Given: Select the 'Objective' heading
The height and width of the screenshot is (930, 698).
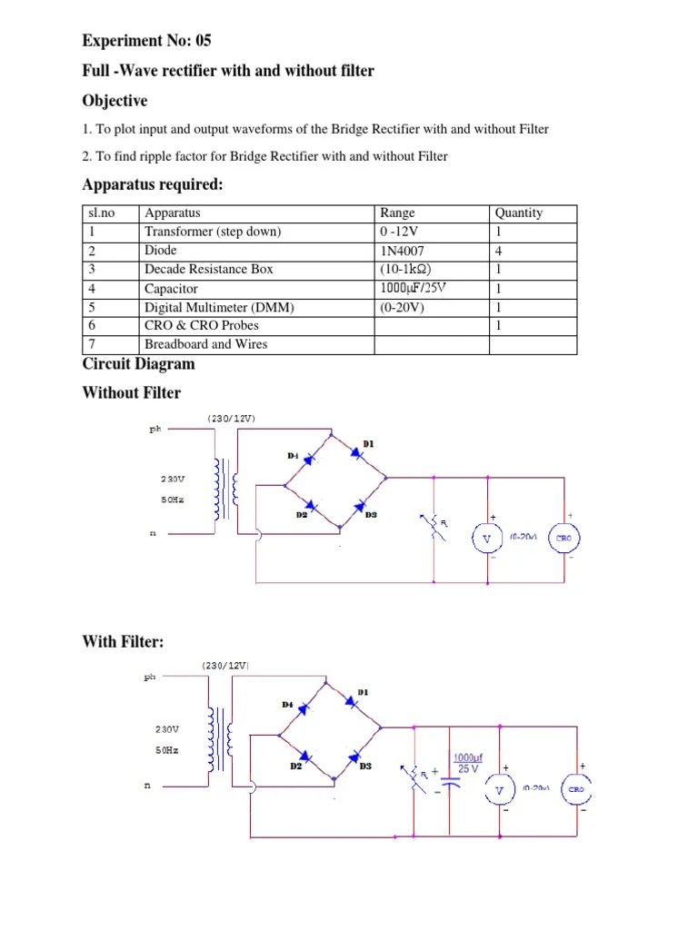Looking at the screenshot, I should (115, 100).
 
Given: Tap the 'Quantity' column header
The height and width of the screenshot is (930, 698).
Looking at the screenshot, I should (518, 213).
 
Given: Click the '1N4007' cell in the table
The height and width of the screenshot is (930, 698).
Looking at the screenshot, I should (402, 250).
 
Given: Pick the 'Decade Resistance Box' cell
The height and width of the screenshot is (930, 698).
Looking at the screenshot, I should (208, 269).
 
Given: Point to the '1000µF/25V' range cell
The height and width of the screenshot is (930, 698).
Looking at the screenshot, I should (414, 288).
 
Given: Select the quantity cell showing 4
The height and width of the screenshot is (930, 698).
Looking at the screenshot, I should (498, 250).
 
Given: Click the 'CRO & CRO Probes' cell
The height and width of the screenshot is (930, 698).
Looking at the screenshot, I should (201, 325).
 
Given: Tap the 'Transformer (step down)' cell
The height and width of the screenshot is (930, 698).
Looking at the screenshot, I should (213, 232).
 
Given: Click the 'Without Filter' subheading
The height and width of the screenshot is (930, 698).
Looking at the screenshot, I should (131, 392).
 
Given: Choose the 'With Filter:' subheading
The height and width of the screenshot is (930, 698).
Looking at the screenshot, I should (123, 642).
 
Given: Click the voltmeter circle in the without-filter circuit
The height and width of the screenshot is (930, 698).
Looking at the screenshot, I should (486, 539).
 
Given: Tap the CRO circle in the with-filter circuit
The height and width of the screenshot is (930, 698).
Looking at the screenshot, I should (577, 789).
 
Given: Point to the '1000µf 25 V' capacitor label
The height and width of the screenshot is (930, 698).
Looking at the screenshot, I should (469, 762).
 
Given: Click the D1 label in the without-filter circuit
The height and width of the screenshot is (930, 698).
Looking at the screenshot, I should (368, 443).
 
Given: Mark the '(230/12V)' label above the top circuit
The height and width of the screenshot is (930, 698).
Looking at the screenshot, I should (231, 418).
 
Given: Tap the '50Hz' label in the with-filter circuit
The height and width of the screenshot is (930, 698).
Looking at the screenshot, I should (168, 750).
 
